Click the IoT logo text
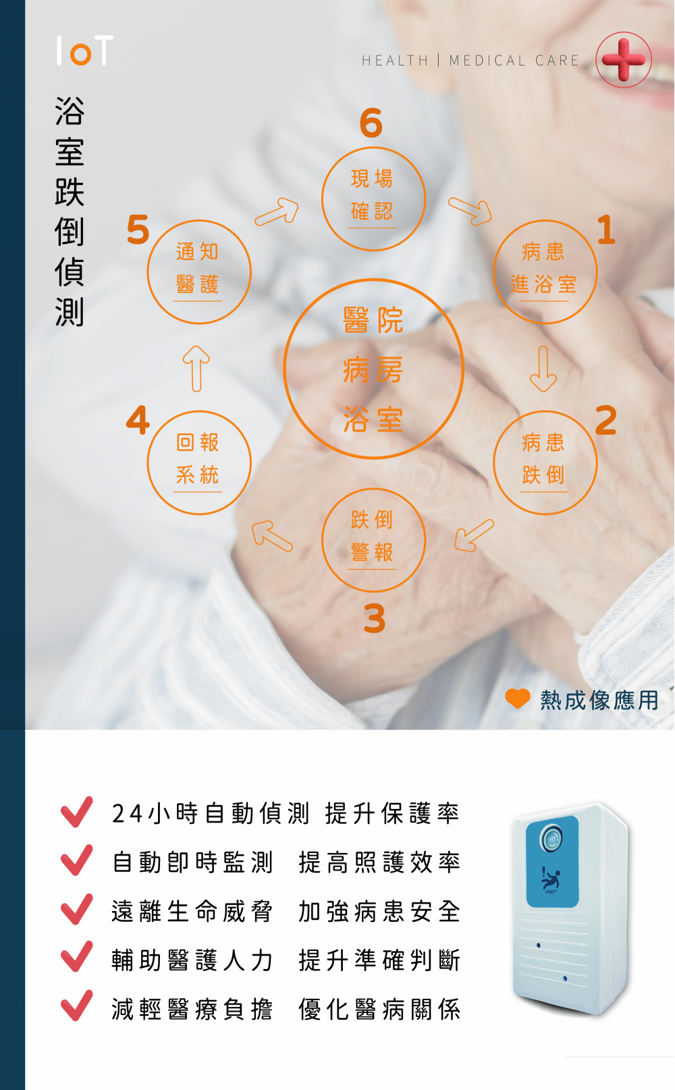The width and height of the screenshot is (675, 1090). [x=84, y=51]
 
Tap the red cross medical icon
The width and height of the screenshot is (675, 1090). [x=624, y=60]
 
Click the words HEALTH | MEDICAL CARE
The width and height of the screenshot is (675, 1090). [x=470, y=61]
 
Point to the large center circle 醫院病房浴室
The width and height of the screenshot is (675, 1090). [x=373, y=369]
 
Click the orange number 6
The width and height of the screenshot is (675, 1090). [x=371, y=123]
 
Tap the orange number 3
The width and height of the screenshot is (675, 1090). [x=375, y=619]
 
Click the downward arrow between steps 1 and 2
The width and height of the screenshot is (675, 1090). [x=543, y=369]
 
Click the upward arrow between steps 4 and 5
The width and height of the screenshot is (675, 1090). [x=196, y=369]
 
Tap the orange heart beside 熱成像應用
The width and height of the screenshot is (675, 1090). [x=518, y=698]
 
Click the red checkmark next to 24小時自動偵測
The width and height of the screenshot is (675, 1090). [x=77, y=812]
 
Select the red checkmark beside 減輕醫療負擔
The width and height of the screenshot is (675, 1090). [x=77, y=1006]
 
